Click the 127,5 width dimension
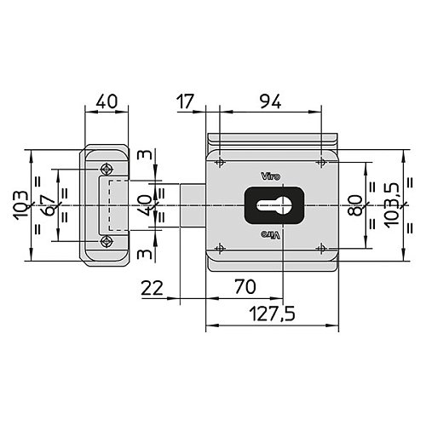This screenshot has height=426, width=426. coord(272,313)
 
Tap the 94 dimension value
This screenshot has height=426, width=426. coord(271,101)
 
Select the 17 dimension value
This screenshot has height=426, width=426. coord(185,101)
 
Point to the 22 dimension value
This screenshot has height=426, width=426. coord(153,288)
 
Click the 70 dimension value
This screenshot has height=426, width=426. coord(245,287)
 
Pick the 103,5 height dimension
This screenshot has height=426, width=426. coord(392,204)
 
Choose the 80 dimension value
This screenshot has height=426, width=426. coord(355,205)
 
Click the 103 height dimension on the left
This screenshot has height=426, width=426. coord(20,205)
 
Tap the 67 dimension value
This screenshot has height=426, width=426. coord(47,205)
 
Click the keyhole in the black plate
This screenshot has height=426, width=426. coord(274,205)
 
